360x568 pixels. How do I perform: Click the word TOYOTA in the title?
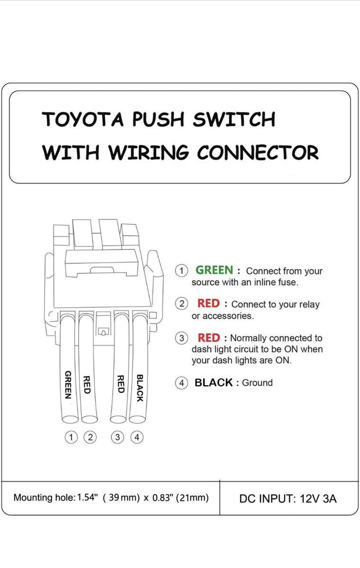(83, 119)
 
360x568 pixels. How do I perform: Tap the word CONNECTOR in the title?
(258, 152)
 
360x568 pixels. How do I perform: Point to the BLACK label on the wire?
(140, 388)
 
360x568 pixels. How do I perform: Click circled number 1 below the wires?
(71, 437)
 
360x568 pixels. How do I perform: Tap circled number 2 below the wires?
(90, 437)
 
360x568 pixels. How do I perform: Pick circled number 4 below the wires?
(137, 437)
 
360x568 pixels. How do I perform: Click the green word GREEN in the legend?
(214, 270)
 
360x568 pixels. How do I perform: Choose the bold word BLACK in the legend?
(214, 382)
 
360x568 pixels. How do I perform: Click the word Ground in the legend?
(257, 382)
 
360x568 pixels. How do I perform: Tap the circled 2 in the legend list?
(181, 304)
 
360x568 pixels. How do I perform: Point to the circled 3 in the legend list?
(181, 338)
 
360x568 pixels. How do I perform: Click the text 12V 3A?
(318, 498)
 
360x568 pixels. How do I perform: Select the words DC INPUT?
(267, 498)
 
